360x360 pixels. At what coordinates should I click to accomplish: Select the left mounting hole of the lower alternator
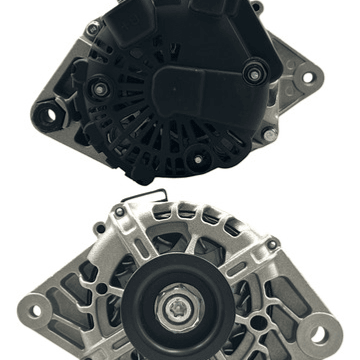(x=36, y=310)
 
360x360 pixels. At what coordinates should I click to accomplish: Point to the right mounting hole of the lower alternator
(x=319, y=335)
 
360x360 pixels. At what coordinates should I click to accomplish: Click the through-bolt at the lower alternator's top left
(x=119, y=211)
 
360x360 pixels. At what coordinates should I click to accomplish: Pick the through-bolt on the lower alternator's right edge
(x=272, y=244)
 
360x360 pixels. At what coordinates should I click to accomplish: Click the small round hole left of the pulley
(x=103, y=289)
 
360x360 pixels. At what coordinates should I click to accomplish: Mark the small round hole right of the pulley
(x=257, y=322)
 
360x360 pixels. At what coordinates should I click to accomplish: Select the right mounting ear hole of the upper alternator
(x=307, y=77)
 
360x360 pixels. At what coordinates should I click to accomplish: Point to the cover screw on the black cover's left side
(x=100, y=89)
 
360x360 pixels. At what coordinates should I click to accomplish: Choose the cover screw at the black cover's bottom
(x=198, y=160)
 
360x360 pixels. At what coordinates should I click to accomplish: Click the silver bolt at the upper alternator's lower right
(x=269, y=134)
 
